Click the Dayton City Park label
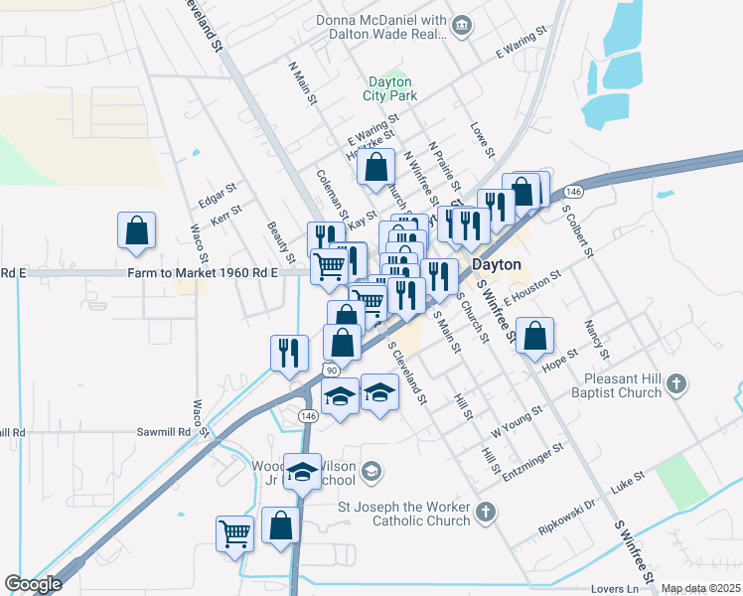coord(391,88)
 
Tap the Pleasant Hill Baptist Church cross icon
coord(676,383)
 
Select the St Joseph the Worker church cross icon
coord(485,513)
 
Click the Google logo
coord(33,584)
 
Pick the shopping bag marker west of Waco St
coord(137,229)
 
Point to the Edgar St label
coord(218,194)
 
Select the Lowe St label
coord(483,140)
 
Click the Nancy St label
coord(597,340)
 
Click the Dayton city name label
coord(496,265)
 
